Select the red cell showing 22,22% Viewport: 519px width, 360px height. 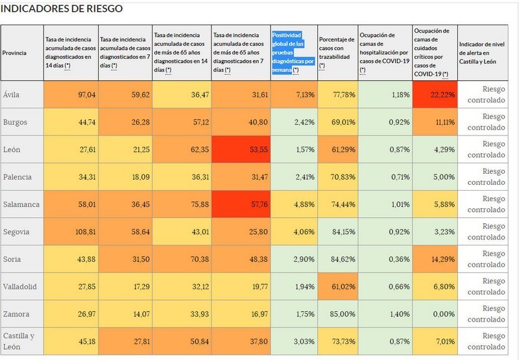click(x=434, y=95)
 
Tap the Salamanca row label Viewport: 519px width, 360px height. click(x=22, y=204)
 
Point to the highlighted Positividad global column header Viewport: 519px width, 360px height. click(x=294, y=52)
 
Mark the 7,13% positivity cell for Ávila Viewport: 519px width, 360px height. click(x=294, y=95)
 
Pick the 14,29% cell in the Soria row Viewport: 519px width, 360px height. click(x=434, y=259)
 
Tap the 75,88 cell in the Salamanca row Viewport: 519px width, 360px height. click(x=181, y=204)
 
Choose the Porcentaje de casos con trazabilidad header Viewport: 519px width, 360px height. click(x=337, y=52)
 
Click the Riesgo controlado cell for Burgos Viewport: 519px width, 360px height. click(x=487, y=122)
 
